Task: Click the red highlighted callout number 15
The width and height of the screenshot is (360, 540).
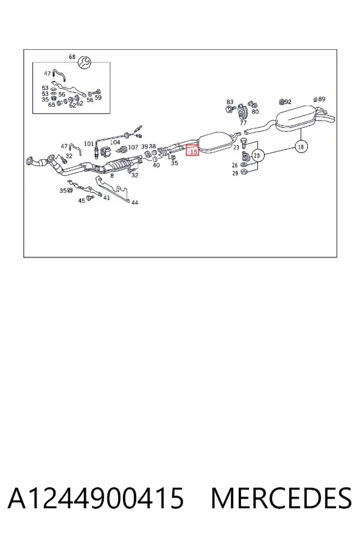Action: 193,150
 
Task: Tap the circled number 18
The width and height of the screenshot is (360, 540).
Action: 301,147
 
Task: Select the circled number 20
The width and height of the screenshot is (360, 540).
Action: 257,155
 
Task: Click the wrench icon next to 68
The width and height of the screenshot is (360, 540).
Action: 84,62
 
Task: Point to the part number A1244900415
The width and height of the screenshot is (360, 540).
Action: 96,498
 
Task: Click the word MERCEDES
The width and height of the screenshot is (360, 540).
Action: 281,498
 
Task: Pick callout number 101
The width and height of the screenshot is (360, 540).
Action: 89,143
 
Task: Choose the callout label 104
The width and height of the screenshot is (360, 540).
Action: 115,142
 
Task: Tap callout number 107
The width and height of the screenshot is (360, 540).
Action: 133,148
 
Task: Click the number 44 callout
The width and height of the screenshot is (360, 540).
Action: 134,203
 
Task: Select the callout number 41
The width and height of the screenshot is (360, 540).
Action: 107,197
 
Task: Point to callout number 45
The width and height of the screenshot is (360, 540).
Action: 82,200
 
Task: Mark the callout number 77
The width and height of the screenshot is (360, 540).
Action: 243,122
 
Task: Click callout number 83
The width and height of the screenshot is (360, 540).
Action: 230,102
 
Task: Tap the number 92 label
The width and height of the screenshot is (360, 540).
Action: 288,102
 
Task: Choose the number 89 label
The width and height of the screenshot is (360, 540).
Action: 322,99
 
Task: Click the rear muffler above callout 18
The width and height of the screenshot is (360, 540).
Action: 296,118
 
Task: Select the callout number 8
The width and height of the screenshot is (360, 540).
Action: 112,176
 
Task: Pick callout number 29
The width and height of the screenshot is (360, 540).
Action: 235,173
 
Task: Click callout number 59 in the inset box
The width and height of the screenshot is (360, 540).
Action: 98,97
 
